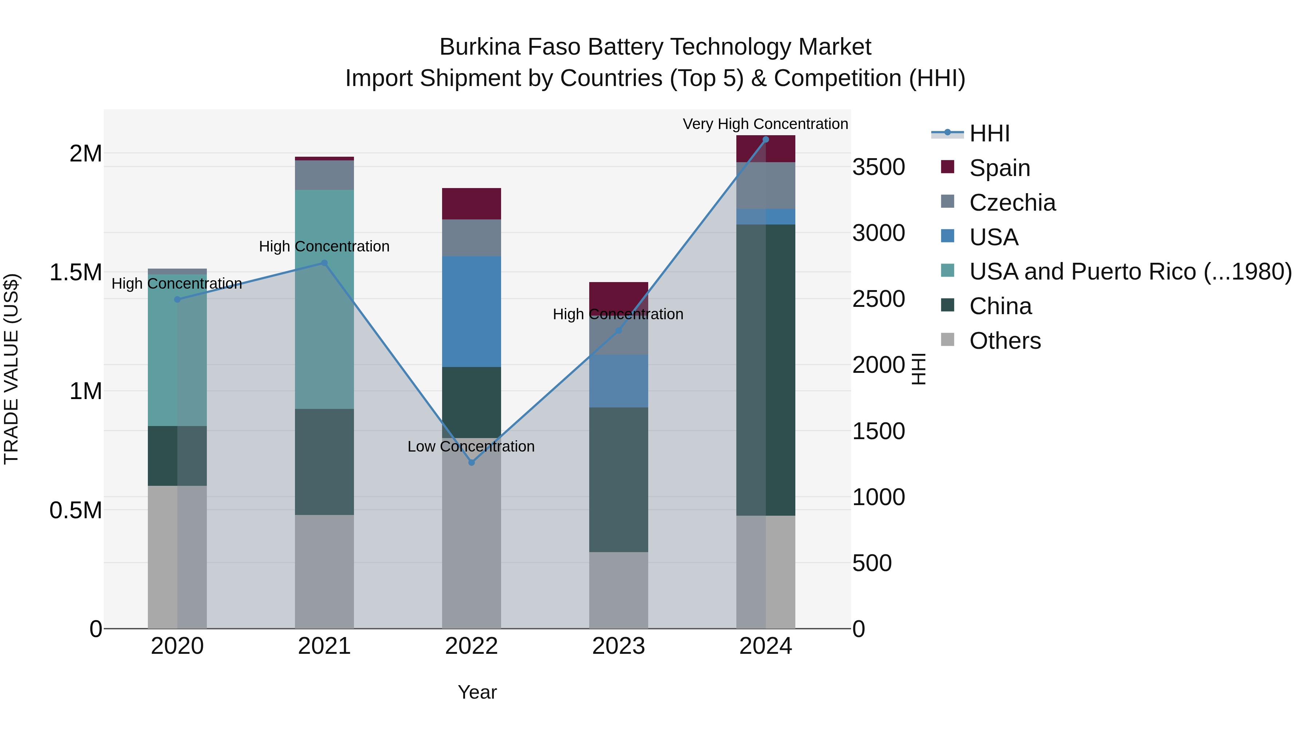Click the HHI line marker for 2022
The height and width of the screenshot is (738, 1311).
click(471, 462)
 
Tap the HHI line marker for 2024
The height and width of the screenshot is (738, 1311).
click(765, 140)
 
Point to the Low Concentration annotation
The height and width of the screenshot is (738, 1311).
click(471, 447)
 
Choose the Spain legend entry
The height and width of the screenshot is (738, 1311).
click(1000, 168)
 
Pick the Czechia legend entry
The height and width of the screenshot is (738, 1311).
click(1012, 203)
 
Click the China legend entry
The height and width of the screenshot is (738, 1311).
click(1000, 306)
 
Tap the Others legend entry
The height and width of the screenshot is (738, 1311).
click(1005, 341)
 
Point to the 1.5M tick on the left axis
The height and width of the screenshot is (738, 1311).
click(76, 273)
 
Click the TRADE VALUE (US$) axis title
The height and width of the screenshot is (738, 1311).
click(11, 369)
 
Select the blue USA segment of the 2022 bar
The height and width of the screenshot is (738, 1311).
click(471, 311)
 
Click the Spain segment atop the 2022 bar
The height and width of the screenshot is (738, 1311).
click(471, 204)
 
